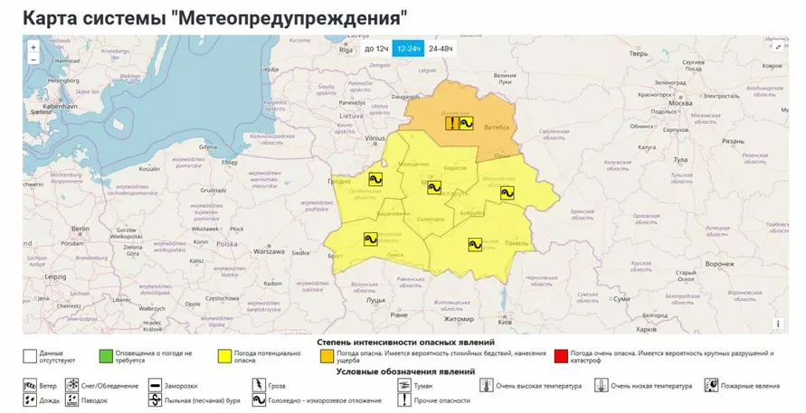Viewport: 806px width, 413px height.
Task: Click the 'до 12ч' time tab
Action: tap(375, 49)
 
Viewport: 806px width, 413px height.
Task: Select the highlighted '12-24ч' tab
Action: tap(407, 49)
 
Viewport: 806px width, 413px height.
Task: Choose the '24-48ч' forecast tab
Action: tap(441, 49)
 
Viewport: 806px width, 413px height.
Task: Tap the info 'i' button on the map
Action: tap(778, 323)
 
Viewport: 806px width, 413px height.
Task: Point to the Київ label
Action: tap(505, 322)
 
